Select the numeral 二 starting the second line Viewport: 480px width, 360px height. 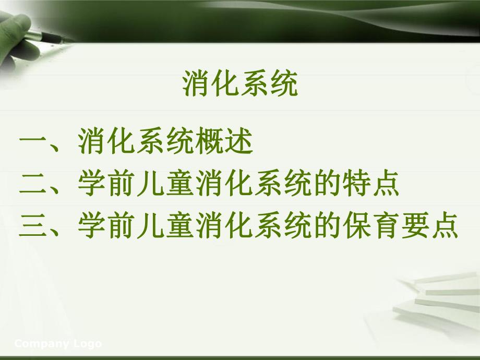pos(34,185)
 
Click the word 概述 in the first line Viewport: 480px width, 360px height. pos(223,142)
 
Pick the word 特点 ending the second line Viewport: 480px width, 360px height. pos(371,185)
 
